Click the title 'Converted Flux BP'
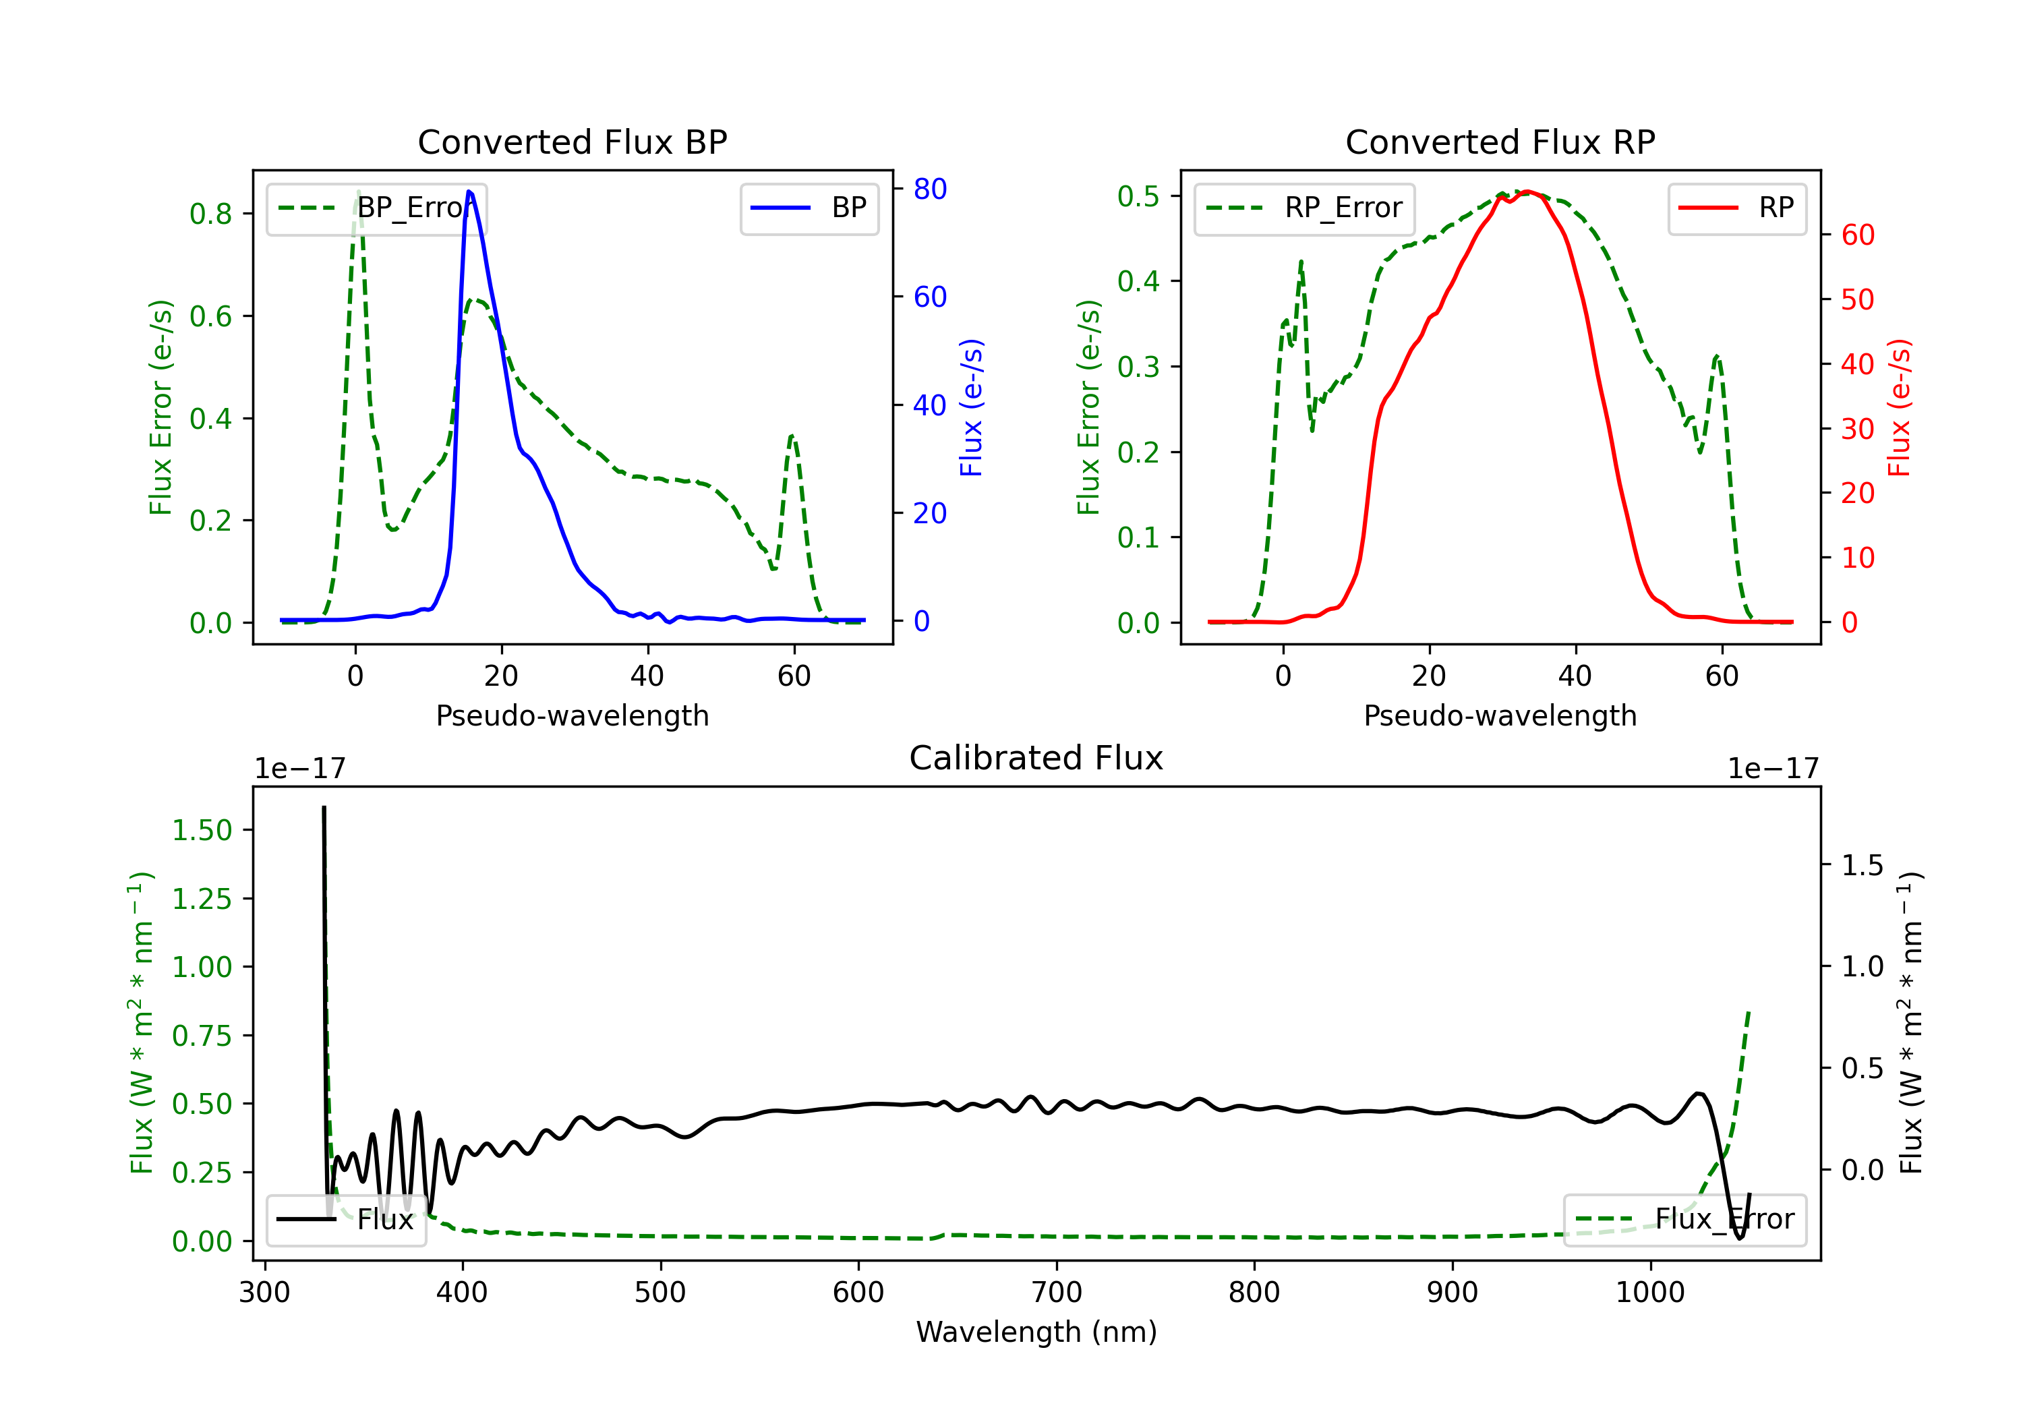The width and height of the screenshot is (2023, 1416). (x=572, y=142)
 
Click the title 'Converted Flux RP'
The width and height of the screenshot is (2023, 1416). (x=1500, y=142)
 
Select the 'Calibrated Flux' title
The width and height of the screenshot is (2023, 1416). (x=1036, y=758)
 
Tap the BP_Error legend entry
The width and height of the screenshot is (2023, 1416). (x=377, y=208)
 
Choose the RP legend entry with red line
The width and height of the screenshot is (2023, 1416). (x=1736, y=208)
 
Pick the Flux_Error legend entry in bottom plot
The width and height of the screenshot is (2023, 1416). (x=1684, y=1220)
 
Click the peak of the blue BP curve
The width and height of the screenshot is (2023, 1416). (x=469, y=191)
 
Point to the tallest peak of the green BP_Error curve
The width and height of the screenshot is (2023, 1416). (x=357, y=191)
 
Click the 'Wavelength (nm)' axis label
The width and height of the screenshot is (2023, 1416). (x=1036, y=1332)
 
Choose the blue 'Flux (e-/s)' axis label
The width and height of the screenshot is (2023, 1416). (x=971, y=407)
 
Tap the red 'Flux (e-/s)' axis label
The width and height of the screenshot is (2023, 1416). (x=1899, y=407)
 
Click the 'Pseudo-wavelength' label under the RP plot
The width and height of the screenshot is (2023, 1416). (x=1500, y=715)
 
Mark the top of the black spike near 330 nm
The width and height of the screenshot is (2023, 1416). (x=324, y=807)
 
